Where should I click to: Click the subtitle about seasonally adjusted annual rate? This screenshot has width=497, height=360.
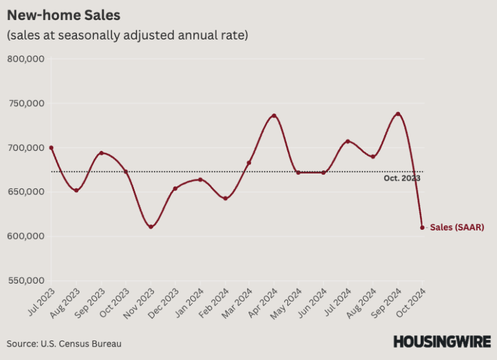pos(127,36)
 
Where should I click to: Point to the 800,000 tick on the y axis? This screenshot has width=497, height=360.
pos(25,59)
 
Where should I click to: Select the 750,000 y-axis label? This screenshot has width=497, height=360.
pos(25,104)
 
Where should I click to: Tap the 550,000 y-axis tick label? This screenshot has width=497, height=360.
pos(25,280)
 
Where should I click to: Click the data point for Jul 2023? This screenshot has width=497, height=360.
pos(51,148)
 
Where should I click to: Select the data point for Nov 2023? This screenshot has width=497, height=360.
pos(151,227)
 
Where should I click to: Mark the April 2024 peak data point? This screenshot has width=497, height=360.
pos(274,116)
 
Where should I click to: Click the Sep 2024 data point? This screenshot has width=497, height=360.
pos(398,114)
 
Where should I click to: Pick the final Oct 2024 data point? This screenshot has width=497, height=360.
pos(423,227)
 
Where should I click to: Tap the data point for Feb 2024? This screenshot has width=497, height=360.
pos(225,198)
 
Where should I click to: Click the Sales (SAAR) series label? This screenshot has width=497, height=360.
pos(457,227)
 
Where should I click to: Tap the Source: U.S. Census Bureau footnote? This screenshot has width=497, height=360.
pos(64,343)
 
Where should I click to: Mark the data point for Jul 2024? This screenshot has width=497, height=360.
pos(348,141)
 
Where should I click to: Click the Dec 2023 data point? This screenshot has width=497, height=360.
pos(175,188)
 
